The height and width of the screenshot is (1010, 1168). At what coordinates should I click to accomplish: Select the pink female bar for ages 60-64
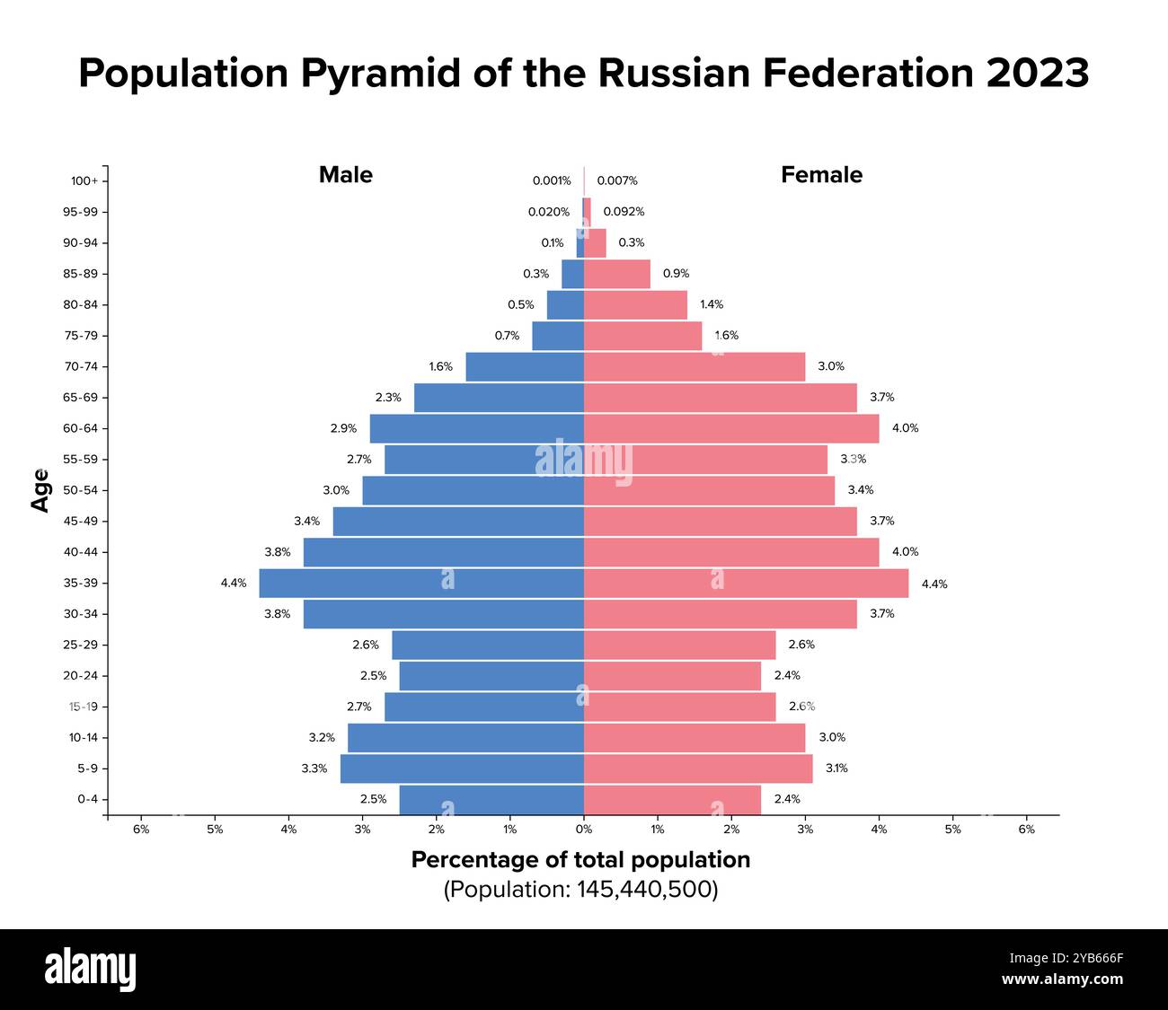(x=731, y=428)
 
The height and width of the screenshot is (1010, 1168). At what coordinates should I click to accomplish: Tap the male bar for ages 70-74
(x=525, y=366)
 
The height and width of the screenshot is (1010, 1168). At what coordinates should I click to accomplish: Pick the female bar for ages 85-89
(x=617, y=274)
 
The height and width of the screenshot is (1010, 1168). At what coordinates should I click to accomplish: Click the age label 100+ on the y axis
(x=84, y=180)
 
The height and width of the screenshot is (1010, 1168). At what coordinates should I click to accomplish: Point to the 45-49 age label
(x=81, y=521)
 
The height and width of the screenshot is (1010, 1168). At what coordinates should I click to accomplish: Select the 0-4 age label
(x=87, y=799)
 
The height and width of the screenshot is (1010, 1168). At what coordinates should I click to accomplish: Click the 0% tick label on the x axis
(x=584, y=830)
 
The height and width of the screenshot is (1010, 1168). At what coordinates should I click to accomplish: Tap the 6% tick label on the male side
(x=141, y=830)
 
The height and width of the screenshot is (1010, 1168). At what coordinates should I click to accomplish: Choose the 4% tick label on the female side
(x=879, y=830)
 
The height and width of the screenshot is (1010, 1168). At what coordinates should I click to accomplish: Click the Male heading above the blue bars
(x=345, y=175)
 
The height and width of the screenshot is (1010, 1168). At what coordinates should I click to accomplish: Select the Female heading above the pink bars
(x=821, y=175)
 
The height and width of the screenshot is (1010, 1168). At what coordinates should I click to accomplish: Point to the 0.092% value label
(x=624, y=212)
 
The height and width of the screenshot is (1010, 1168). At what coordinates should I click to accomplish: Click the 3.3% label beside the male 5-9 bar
(x=314, y=768)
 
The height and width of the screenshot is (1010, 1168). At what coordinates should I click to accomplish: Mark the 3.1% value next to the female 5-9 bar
(x=836, y=768)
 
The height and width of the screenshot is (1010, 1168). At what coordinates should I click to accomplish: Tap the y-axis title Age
(x=40, y=490)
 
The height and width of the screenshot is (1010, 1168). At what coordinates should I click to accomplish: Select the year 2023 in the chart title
(x=1037, y=73)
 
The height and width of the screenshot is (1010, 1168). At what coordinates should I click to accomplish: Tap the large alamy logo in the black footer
(x=90, y=970)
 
